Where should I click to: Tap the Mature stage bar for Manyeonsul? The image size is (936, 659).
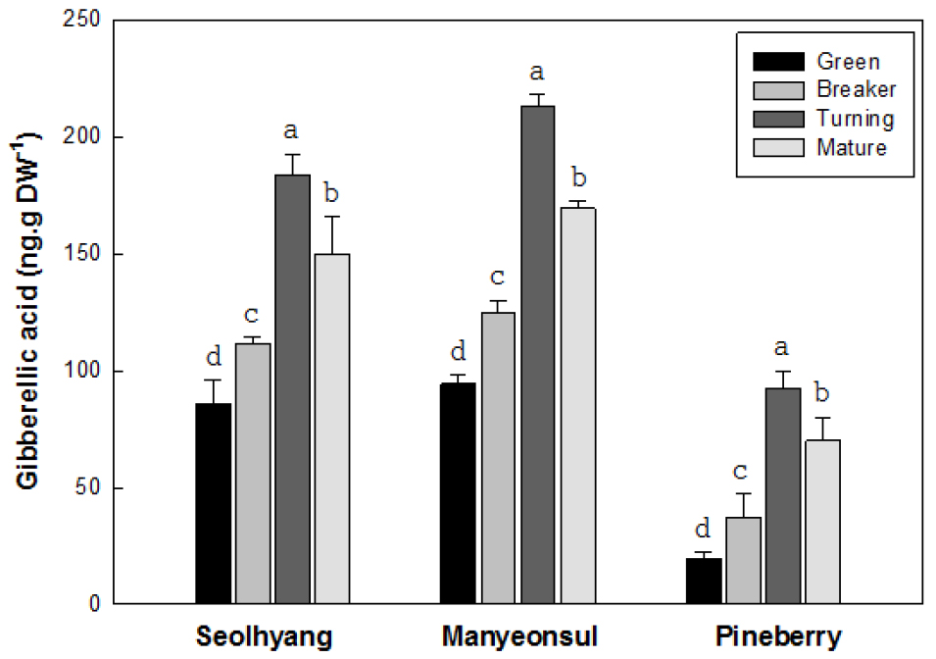577,406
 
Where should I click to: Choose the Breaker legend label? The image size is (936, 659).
856,90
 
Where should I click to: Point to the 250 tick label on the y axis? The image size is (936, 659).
88,21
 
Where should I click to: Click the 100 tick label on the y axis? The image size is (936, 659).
88,372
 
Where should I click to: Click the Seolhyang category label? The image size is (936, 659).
263,634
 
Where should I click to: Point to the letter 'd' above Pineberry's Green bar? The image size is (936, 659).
703,531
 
